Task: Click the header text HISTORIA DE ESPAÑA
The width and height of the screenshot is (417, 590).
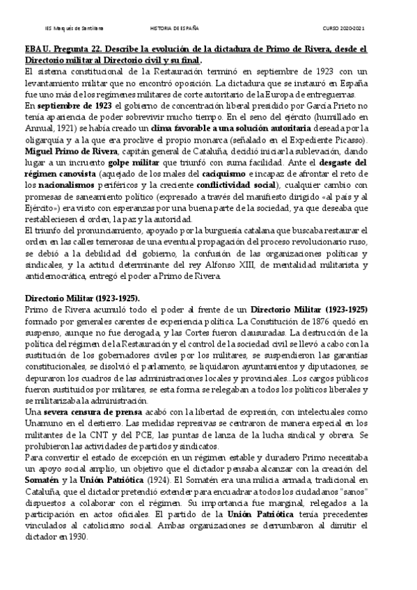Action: point(175,29)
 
